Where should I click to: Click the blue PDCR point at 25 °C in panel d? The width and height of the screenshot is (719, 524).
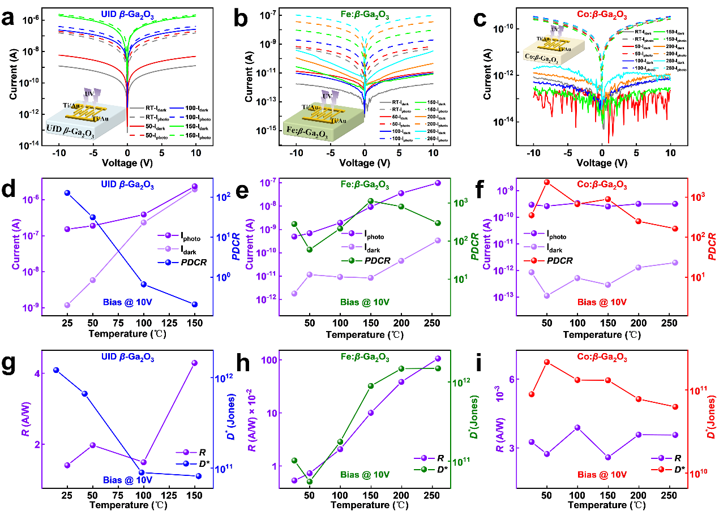pos(67,193)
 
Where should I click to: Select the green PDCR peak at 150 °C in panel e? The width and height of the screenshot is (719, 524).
pos(371,201)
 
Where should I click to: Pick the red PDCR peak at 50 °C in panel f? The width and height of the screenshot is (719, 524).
pos(547,182)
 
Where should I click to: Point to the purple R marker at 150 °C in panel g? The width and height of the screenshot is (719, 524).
pos(194,363)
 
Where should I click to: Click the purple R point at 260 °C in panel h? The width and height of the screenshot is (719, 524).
pos(437,358)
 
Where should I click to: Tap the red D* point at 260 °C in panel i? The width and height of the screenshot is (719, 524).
pos(675,407)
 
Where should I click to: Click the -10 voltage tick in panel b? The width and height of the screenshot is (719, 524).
pos(296,152)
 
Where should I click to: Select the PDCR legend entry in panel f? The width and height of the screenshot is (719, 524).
pos(551,260)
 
